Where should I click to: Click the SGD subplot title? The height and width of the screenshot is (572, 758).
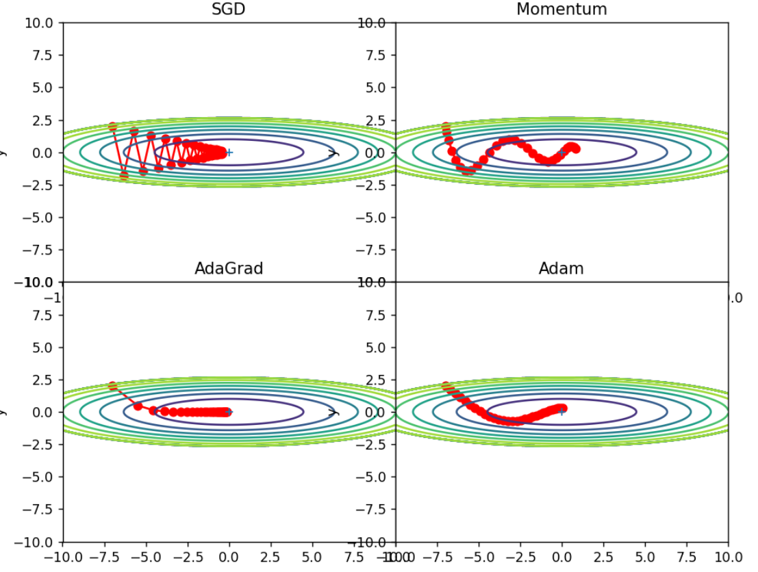point(229,9)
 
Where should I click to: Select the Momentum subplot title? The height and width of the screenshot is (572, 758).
point(561,9)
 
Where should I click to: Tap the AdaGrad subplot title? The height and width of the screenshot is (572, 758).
point(229,268)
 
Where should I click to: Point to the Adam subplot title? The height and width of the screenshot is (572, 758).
point(561,268)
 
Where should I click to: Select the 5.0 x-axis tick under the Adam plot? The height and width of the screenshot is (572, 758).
point(645,557)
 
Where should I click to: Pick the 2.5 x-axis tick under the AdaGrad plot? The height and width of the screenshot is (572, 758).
point(270,557)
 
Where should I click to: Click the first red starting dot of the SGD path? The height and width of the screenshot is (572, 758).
point(113,127)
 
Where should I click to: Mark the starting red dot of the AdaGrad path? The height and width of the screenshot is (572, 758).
point(113,387)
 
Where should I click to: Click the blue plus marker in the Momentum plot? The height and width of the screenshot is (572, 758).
point(562,153)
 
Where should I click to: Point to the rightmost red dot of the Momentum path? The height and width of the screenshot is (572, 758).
point(575,148)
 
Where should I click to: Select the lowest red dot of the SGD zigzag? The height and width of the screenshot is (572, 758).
point(124,176)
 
